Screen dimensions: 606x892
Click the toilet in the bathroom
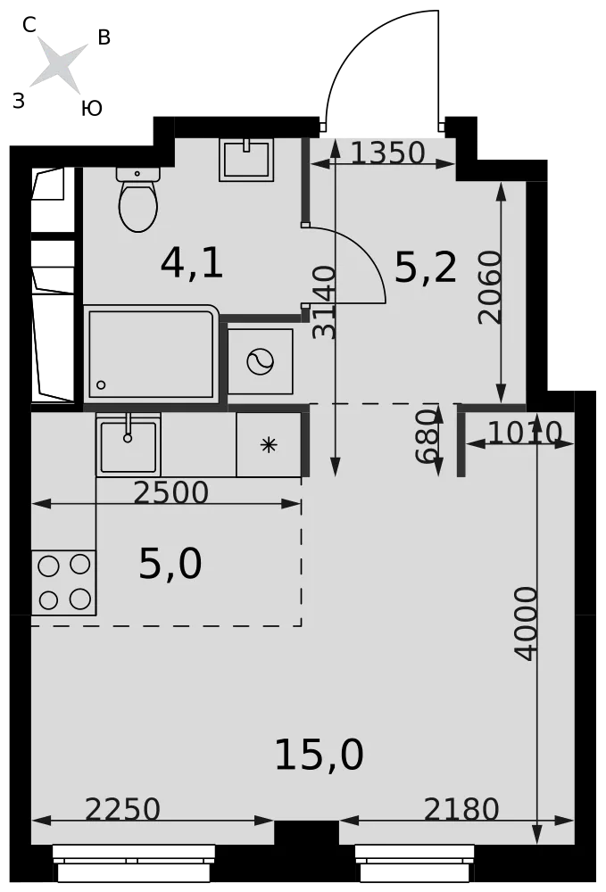[137, 199]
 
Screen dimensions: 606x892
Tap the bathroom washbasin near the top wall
[246, 160]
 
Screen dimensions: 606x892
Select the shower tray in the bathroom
[152, 353]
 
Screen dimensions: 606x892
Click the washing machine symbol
[260, 361]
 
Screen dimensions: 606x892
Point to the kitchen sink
[128, 444]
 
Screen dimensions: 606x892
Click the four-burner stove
[63, 582]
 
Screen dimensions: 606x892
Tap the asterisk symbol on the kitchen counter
[269, 445]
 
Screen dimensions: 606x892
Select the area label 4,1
[192, 264]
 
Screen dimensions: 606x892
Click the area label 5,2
[426, 268]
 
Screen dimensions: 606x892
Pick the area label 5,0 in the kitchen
[170, 564]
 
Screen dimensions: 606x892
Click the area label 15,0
[319, 755]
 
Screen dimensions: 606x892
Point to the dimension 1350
[387, 153]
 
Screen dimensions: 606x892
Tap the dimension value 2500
[171, 492]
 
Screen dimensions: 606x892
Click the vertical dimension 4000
[525, 624]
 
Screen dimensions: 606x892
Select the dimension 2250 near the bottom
[123, 810]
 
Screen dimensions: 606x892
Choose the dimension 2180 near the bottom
[461, 810]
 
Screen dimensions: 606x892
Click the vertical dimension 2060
[491, 288]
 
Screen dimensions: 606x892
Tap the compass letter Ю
[92, 108]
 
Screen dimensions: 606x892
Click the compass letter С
[29, 24]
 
